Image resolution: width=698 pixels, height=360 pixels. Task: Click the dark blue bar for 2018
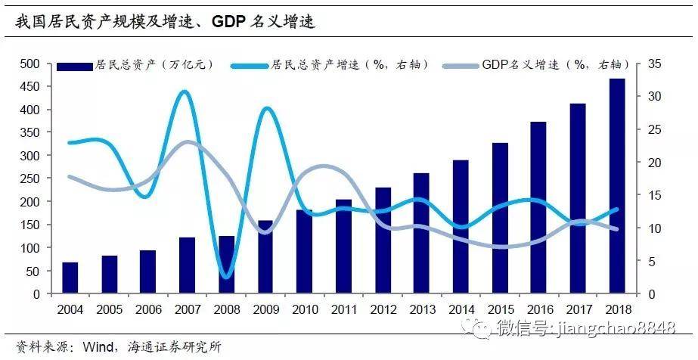617,186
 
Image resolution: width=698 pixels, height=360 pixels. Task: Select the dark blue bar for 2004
70,278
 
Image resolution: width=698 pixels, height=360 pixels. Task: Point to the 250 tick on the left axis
29,178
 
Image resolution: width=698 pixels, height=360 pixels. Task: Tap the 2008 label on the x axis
225,309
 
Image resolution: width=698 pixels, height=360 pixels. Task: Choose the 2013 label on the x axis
421,309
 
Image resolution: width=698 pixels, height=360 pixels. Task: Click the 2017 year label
578,309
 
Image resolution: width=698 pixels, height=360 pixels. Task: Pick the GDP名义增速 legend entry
529,65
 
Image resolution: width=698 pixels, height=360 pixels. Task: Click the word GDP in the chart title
231,22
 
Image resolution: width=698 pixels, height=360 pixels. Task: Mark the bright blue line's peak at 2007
186,92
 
